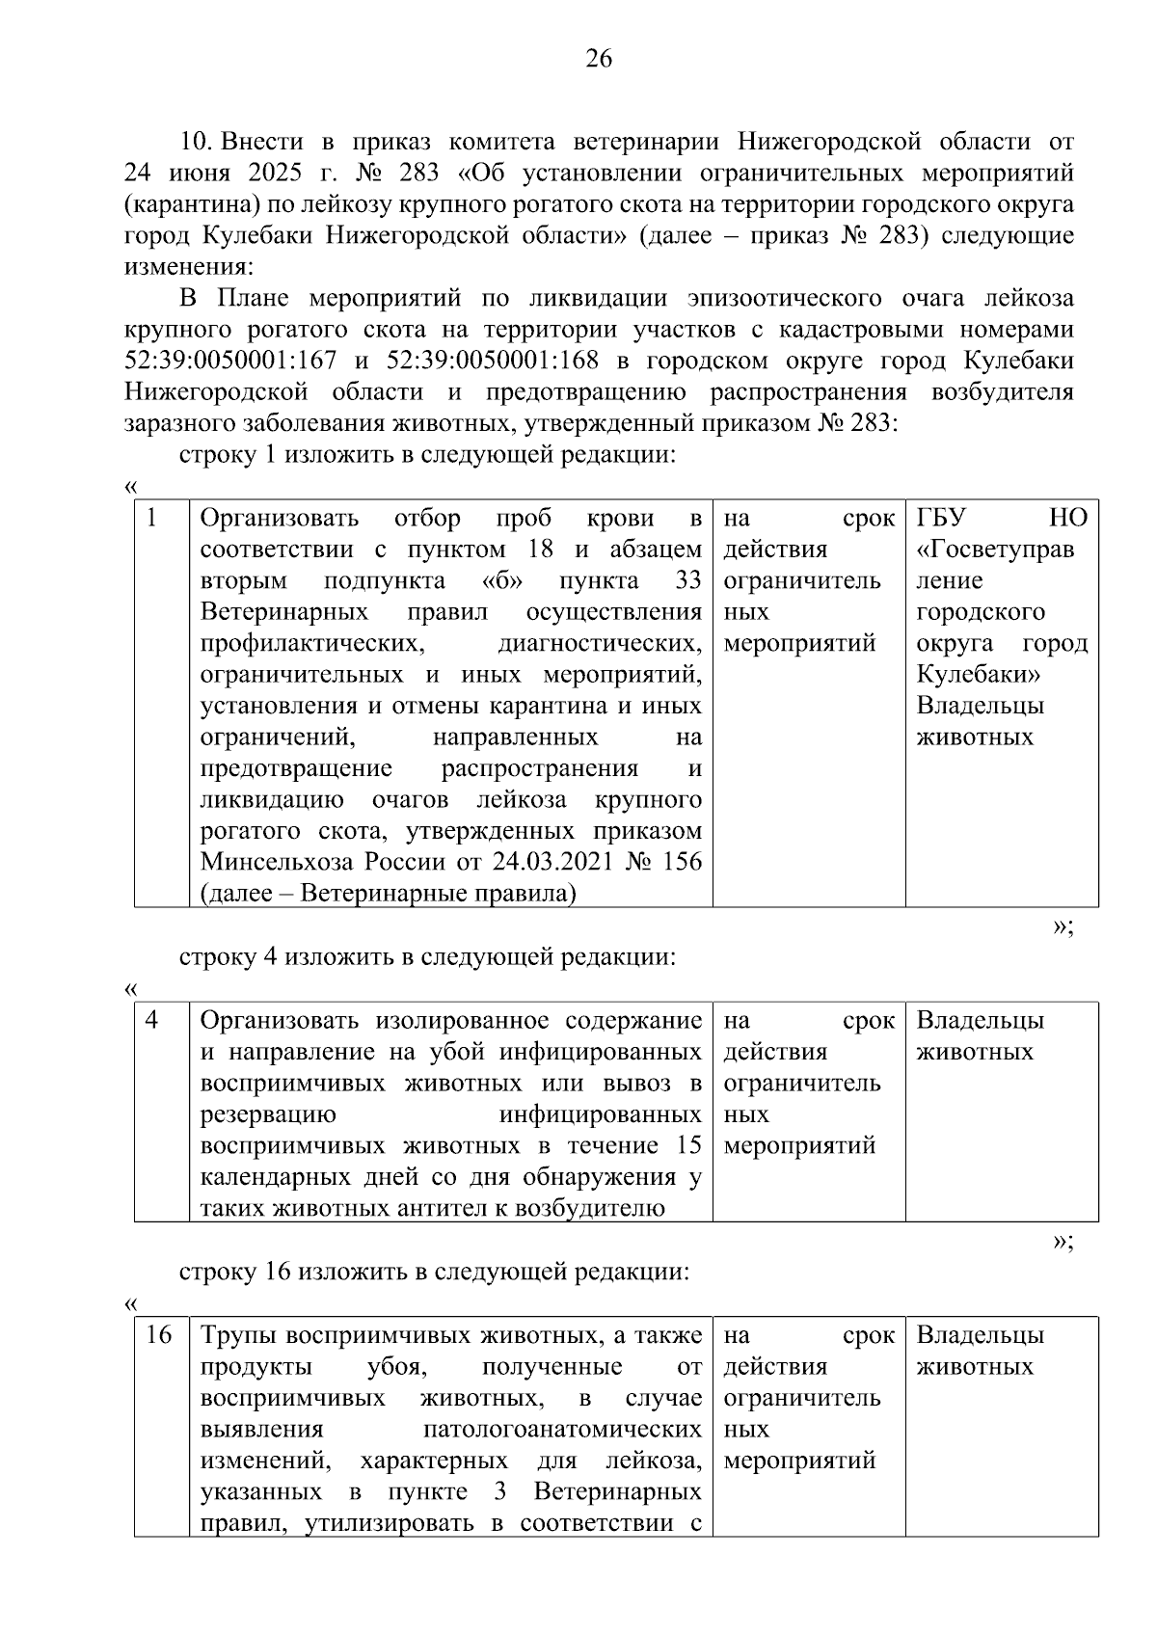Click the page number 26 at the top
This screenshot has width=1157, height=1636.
click(x=599, y=60)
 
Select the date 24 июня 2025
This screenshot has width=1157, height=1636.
click(x=199, y=174)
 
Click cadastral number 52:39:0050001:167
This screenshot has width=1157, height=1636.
click(x=230, y=362)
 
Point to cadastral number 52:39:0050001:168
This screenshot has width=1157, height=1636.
click(x=492, y=362)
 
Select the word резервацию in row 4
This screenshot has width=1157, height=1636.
click(x=268, y=1114)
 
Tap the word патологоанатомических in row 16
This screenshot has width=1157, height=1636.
click(x=562, y=1430)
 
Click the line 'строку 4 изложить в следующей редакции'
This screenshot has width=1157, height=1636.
click(x=427, y=957)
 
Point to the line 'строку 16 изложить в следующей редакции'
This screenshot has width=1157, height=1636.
click(x=434, y=1273)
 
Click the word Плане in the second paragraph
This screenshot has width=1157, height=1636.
click(x=246, y=299)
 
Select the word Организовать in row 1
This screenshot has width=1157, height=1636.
click(x=280, y=519)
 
